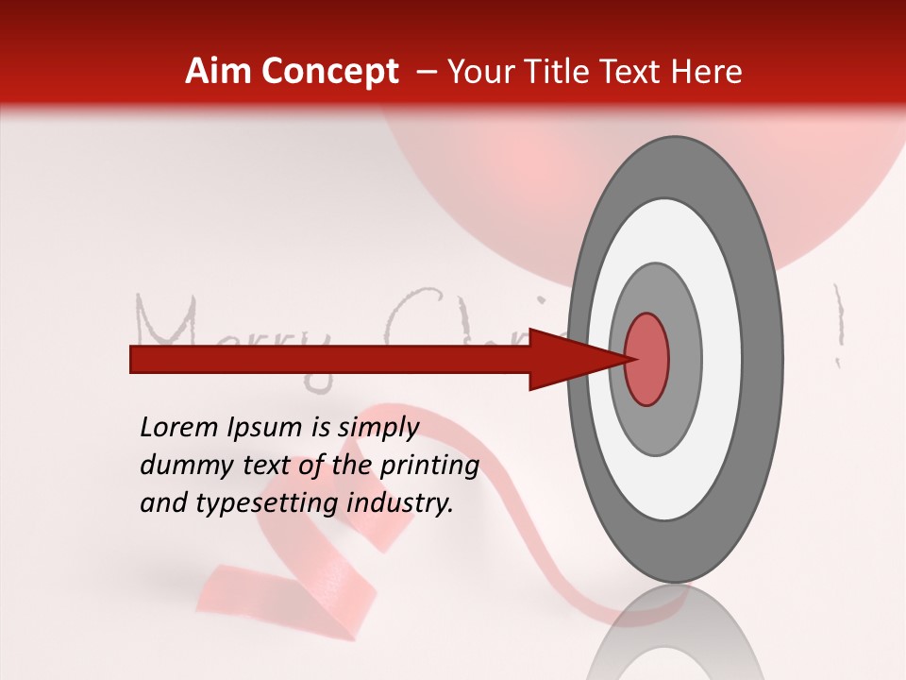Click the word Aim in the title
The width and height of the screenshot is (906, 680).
click(x=219, y=72)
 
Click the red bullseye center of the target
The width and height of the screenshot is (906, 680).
click(x=646, y=360)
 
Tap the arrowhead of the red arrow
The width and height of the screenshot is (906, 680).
click(x=566, y=360)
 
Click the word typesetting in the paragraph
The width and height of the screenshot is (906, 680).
click(x=270, y=503)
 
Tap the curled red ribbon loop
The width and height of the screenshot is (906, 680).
click(x=283, y=586)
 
